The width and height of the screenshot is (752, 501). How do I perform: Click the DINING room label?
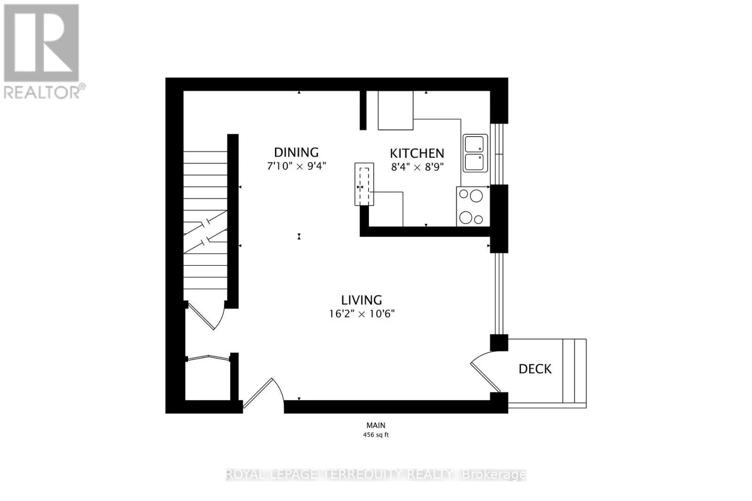tap(296, 152)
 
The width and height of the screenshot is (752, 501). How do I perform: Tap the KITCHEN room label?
tap(417, 153)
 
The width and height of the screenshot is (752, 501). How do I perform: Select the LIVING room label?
tap(361, 300)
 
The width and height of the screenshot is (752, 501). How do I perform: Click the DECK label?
tap(535, 369)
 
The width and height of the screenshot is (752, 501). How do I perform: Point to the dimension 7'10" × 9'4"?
tap(296, 166)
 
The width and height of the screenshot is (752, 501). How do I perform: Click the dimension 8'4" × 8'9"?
tap(417, 167)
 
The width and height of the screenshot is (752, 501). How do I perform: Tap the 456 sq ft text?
tap(376, 435)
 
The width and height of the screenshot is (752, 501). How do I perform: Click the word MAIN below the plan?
tap(376, 425)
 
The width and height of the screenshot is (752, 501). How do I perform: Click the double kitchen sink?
tap(475, 153)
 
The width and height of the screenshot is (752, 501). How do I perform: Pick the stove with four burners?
tap(472, 207)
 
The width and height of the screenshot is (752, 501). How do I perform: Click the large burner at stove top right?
tap(477, 196)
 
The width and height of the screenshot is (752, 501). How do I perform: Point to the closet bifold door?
tap(208, 358)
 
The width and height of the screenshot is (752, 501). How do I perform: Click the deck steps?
tap(574, 371)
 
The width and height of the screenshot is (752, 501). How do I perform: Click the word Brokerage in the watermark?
tap(494, 475)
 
